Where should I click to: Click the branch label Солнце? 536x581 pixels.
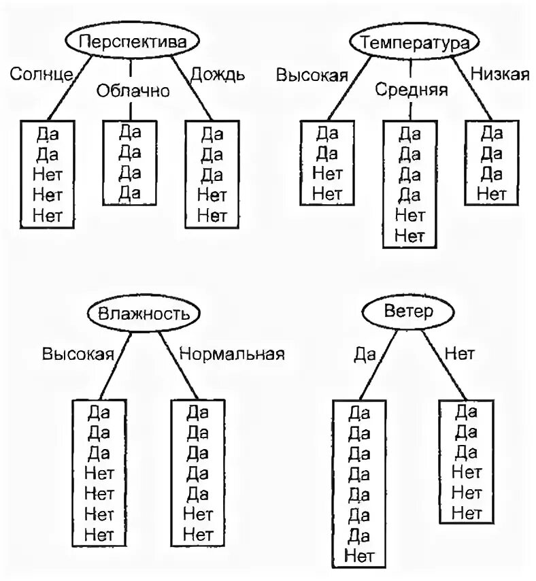click(x=41, y=74)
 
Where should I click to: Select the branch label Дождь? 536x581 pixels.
click(x=217, y=74)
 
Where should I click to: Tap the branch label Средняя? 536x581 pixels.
click(x=412, y=90)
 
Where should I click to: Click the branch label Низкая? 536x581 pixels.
click(x=499, y=74)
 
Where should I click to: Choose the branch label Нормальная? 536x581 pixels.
click(x=231, y=354)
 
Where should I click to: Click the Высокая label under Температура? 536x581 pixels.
click(x=312, y=74)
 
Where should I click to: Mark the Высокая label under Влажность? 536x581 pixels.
click(x=77, y=354)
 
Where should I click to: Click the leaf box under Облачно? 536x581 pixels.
click(x=129, y=162)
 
